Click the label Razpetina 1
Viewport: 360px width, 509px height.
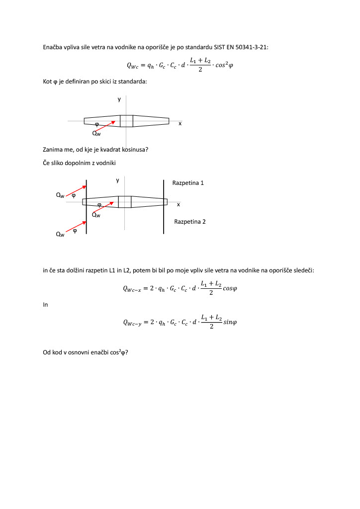coord(188,183)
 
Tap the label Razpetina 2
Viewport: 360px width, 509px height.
coord(189,222)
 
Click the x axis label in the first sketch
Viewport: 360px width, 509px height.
coord(180,123)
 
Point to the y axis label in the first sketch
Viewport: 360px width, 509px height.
coord(119,99)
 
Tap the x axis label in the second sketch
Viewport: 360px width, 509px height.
coord(178,204)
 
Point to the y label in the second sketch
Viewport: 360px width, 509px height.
coord(117,180)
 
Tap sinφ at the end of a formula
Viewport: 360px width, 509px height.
coord(230,322)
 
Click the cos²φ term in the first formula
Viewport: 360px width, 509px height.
coord(222,65)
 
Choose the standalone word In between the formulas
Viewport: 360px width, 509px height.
coord(45,305)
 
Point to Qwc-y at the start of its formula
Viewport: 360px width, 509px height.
coord(132,323)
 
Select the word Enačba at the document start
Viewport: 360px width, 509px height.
coord(53,47)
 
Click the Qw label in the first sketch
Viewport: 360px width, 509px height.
coord(96,133)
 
